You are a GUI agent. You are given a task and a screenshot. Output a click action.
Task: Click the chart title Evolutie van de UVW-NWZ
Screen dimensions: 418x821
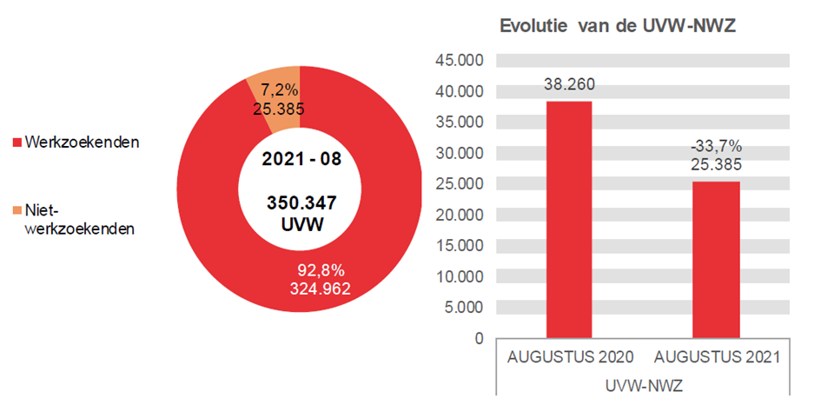coord(618,26)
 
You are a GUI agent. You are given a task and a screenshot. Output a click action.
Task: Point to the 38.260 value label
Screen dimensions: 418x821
coord(569,84)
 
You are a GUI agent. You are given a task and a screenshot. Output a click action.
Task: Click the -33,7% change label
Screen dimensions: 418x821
coord(716,145)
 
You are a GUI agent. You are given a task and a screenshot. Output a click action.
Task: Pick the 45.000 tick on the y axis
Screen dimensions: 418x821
coord(464,61)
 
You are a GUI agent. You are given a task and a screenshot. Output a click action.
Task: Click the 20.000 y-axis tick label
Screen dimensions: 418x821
coord(464,215)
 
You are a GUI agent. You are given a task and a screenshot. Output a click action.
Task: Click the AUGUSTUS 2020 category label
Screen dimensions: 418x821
coord(570,357)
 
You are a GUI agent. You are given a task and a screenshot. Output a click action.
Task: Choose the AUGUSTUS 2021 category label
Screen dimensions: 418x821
coord(716,357)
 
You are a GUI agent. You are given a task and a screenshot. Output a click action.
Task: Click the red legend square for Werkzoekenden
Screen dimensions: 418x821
coord(17,142)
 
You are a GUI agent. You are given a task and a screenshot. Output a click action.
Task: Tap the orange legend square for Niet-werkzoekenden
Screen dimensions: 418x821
coord(17,209)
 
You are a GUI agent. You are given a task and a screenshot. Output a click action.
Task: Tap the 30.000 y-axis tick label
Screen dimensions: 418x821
coord(464,153)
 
